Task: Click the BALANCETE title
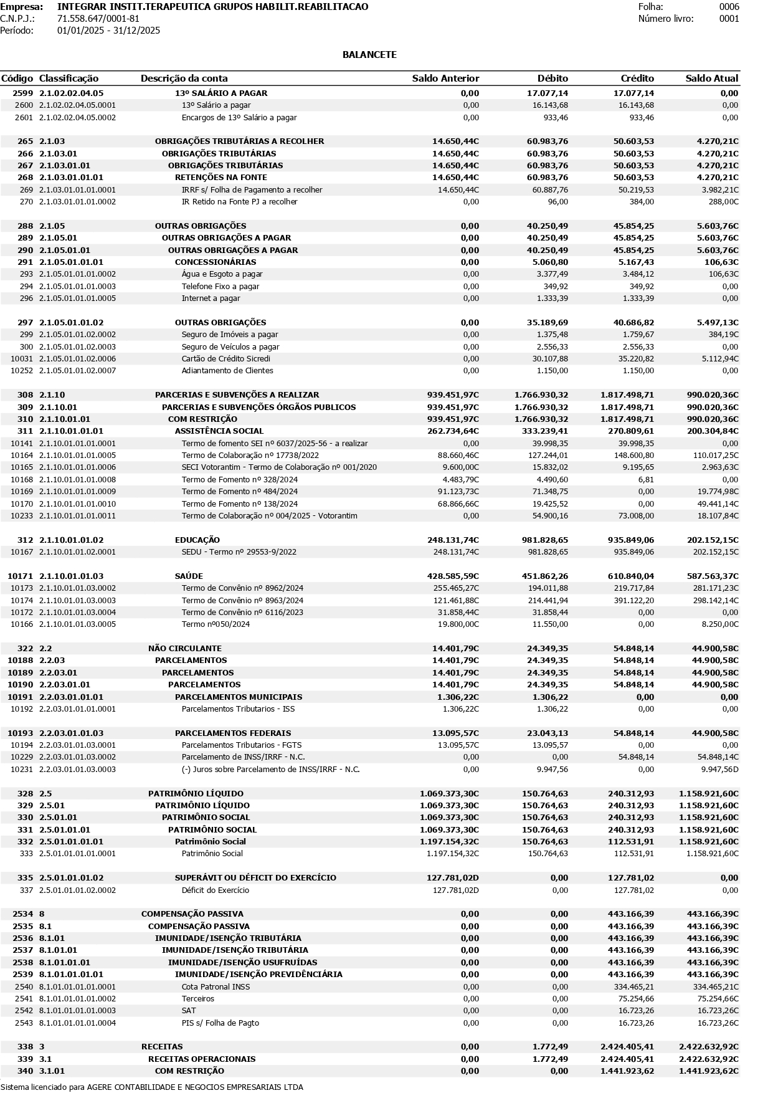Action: tap(369, 55)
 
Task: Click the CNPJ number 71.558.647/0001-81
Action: tap(98, 19)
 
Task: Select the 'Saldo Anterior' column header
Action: tap(445, 79)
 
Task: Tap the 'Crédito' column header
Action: tap(637, 79)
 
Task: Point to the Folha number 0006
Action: tap(729, 7)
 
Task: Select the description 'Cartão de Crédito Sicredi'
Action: tap(225, 359)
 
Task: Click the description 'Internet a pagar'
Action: tap(211, 298)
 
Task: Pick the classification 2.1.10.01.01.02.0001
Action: tap(77, 552)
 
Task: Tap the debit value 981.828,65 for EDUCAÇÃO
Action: tap(541, 540)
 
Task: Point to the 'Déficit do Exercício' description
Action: tap(215, 890)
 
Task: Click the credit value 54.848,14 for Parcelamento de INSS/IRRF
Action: tap(633, 757)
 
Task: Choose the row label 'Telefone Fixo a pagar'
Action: tap(220, 287)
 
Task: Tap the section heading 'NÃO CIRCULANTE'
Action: tap(184, 649)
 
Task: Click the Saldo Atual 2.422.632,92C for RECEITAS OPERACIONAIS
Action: tap(708, 1059)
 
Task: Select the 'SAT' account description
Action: tap(189, 1011)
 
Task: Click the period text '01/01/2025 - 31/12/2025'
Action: tap(108, 31)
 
